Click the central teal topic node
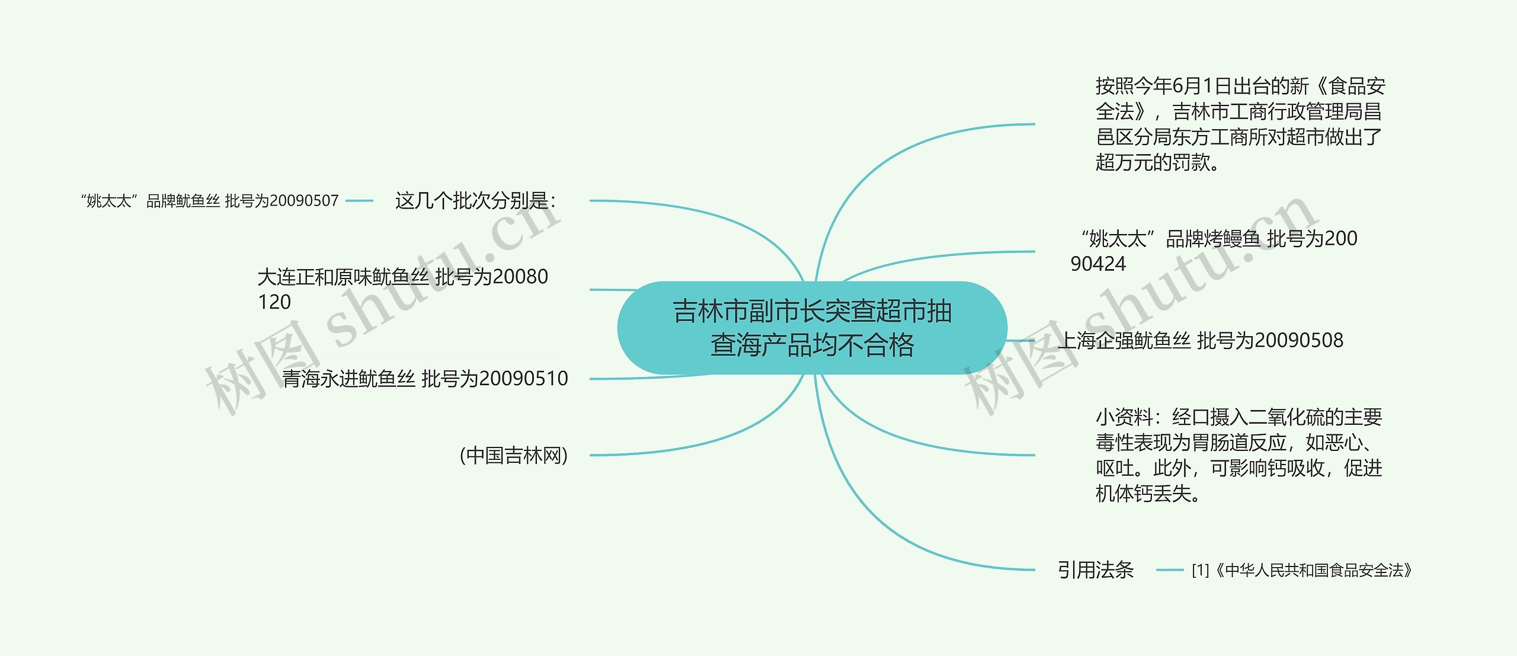812,328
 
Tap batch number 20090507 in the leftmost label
304,201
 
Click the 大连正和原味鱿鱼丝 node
343,277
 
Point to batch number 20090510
523,379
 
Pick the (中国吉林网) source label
514,455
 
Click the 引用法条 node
1095,570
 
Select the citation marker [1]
1200,571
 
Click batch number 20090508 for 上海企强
1298,341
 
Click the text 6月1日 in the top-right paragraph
1202,87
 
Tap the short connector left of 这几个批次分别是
359,201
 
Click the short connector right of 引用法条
1169,570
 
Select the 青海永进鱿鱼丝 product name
348,379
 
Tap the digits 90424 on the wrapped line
1097,264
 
